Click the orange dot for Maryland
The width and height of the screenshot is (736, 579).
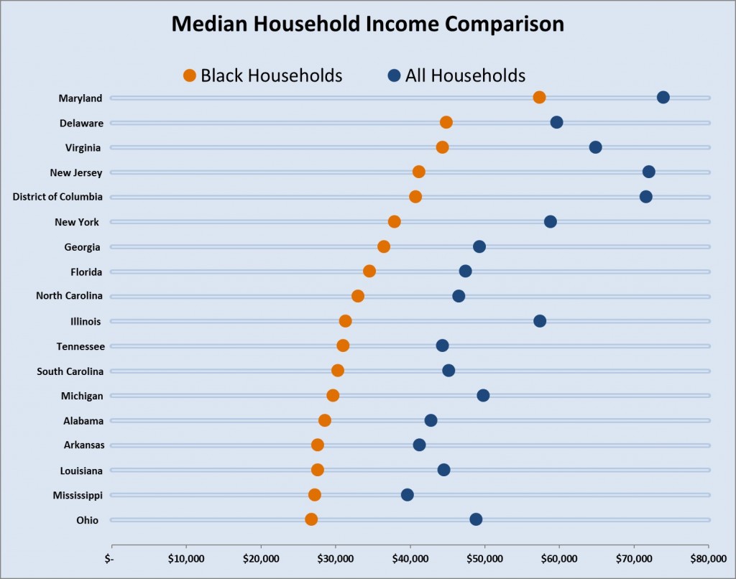click(539, 98)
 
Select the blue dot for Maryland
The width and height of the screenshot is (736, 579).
click(663, 98)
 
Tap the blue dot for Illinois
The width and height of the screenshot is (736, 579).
click(540, 321)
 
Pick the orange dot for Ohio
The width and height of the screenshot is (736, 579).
click(310, 519)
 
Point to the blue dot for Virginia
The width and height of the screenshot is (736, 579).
click(595, 147)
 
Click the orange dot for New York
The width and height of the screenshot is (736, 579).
click(394, 221)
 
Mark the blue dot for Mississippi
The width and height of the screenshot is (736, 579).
click(407, 495)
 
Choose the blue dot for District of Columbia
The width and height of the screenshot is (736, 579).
click(645, 197)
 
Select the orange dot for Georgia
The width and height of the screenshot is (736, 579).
click(384, 246)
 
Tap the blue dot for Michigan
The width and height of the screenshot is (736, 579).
click(483, 396)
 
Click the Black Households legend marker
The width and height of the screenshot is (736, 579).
click(190, 75)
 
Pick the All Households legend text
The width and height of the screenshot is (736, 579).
click(465, 75)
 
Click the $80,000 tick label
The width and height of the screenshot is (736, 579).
click(708, 558)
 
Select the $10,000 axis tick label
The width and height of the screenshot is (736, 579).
click(185, 558)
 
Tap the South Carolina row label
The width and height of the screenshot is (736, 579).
click(70, 371)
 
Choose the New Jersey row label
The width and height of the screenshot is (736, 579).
click(76, 172)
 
